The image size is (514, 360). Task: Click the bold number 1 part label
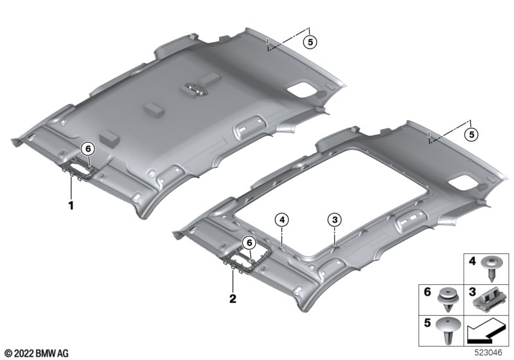pos(71,206)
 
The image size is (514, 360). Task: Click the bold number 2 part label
pos(233,299)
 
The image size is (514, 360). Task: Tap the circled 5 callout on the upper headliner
pos(310,42)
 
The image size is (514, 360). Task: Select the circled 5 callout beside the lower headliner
pos(472,134)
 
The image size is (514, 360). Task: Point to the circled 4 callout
pos(282,220)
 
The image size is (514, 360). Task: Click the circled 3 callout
pos(334,220)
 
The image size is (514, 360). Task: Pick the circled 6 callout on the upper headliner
pos(87,149)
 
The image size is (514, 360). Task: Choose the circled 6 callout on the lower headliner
pos(249,243)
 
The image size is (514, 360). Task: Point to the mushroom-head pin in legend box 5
pos(447,330)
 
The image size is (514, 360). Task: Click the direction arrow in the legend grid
pos(485,332)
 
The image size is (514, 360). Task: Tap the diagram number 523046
pos(488,353)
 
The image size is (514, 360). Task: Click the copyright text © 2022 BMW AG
pos(37,353)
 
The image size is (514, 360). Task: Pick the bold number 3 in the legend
pos(472,292)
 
